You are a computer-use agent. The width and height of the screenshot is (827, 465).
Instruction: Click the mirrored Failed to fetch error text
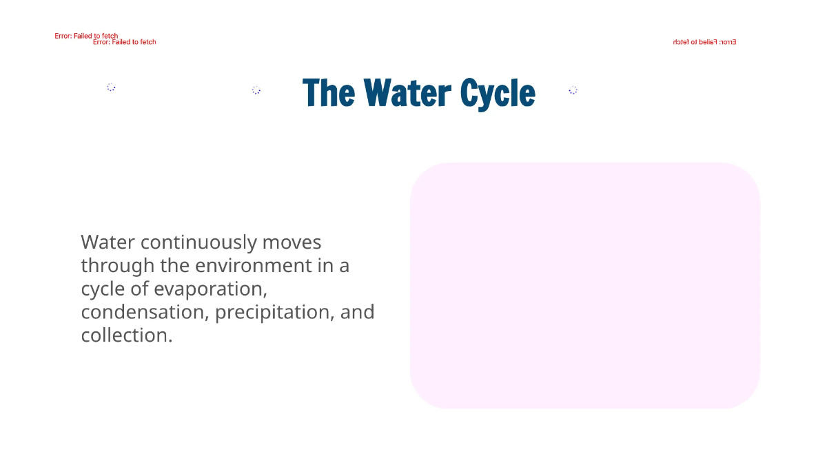tap(704, 42)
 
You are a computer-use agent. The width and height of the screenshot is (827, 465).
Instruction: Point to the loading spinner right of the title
tap(573, 90)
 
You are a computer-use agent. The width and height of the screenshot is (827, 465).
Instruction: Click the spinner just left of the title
tap(256, 90)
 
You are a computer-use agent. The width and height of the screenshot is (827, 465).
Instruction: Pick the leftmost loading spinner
tap(111, 87)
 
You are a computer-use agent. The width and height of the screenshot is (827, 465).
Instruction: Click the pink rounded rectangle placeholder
tap(584, 285)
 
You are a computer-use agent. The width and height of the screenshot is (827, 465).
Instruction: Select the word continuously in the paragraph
tap(198, 242)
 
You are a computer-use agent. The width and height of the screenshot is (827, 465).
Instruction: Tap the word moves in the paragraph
tap(292, 242)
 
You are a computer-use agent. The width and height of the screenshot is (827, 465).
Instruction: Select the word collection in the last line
tap(125, 335)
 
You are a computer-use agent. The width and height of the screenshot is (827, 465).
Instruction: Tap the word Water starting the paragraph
tap(108, 242)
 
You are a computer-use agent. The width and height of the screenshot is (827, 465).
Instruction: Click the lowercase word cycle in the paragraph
tap(103, 289)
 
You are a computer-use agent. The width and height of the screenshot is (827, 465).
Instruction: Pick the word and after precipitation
tap(358, 312)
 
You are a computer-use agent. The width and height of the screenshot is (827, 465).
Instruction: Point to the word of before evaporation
tap(140, 289)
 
